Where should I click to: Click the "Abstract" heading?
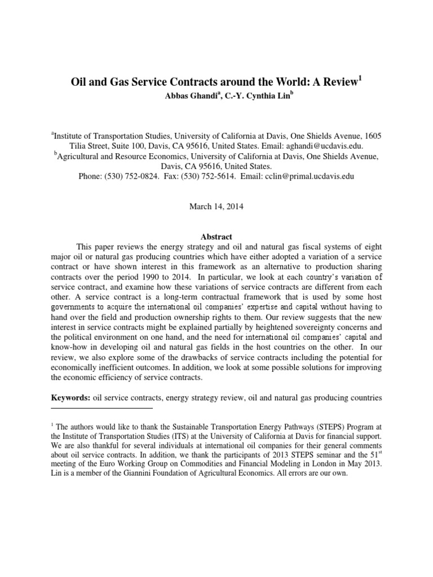point(216,237)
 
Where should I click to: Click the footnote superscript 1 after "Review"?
point(360,78)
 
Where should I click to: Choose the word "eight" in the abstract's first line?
point(373,247)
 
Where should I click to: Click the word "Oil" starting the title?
point(81,82)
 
